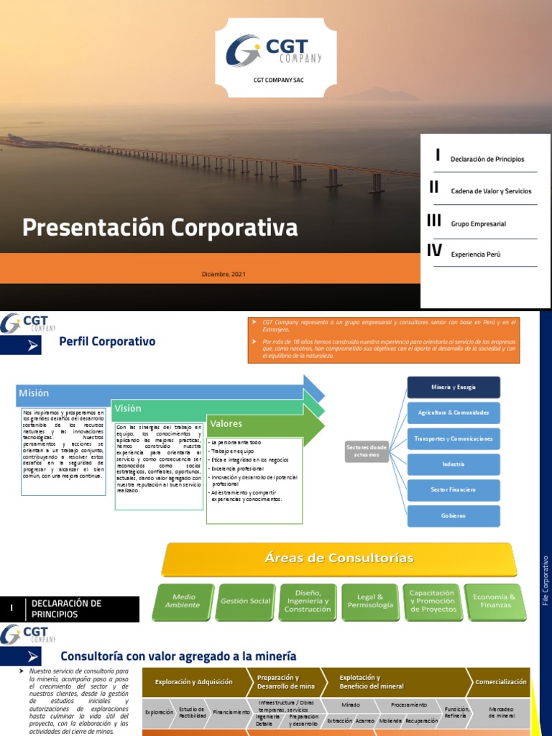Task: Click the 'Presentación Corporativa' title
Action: pyautogui.click(x=160, y=228)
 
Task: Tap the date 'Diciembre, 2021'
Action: pyautogui.click(x=225, y=274)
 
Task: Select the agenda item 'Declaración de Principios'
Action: pyautogui.click(x=487, y=159)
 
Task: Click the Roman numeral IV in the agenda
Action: pyautogui.click(x=434, y=251)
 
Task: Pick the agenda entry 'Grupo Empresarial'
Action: pyautogui.click(x=478, y=224)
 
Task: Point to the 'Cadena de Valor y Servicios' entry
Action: pyautogui.click(x=491, y=191)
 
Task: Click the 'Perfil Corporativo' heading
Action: pyautogui.click(x=107, y=341)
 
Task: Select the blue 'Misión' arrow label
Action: pyautogui.click(x=34, y=393)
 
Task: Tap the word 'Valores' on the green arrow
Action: pyautogui.click(x=226, y=423)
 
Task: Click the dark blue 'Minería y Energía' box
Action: pyautogui.click(x=454, y=387)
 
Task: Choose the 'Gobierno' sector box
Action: pyautogui.click(x=454, y=515)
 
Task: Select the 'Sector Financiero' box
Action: pyautogui.click(x=454, y=489)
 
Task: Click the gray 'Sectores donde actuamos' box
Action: pyautogui.click(x=366, y=451)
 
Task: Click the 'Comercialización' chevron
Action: pyautogui.click(x=500, y=681)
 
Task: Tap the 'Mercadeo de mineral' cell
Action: pyautogui.click(x=501, y=711)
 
